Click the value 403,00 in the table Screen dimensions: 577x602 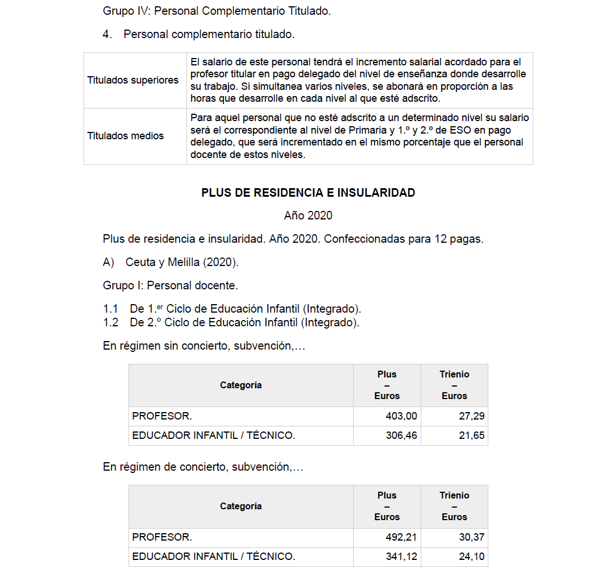click(x=401, y=416)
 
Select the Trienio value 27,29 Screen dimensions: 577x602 click(x=472, y=416)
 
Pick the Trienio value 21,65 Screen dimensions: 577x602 click(x=472, y=436)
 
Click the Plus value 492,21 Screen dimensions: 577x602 click(x=401, y=537)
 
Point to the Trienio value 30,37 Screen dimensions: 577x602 click(x=472, y=537)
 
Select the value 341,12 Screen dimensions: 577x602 click(x=401, y=557)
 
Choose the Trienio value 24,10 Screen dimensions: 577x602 click(x=472, y=557)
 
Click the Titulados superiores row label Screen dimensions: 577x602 click(x=133, y=80)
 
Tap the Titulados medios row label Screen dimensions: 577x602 click(x=126, y=136)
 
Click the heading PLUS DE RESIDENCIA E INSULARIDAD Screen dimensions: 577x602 click(x=308, y=193)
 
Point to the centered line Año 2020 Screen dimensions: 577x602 click(x=308, y=216)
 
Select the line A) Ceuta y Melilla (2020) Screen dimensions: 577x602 click(x=171, y=263)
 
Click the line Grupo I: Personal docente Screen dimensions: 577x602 click(x=171, y=285)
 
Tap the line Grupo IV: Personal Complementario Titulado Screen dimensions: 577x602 click(x=217, y=11)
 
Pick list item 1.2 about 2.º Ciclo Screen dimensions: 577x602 click(x=231, y=323)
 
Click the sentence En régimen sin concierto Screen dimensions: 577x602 click(x=204, y=346)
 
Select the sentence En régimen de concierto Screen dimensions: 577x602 click(x=203, y=467)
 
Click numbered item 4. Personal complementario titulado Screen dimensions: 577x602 click(x=199, y=34)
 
